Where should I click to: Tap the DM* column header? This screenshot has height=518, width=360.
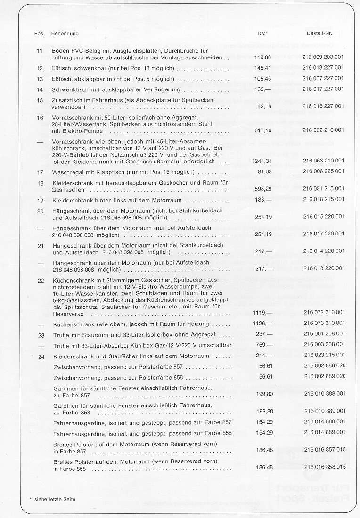point(263,34)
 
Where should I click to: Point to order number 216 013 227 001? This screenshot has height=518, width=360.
point(323,68)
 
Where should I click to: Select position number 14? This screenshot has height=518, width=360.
point(40,89)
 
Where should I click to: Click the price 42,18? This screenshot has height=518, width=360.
point(264,106)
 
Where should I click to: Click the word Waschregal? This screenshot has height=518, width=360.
point(65,172)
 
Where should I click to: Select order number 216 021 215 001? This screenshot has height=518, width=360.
point(323,188)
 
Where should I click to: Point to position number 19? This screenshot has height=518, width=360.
point(40,201)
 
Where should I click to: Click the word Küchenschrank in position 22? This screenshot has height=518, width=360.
point(70,281)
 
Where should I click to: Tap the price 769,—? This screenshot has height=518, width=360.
point(264,345)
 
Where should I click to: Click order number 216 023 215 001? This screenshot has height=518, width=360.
point(323,355)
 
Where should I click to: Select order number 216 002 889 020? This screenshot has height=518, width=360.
point(323,376)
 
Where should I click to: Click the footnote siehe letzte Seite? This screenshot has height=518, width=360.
point(55,499)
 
